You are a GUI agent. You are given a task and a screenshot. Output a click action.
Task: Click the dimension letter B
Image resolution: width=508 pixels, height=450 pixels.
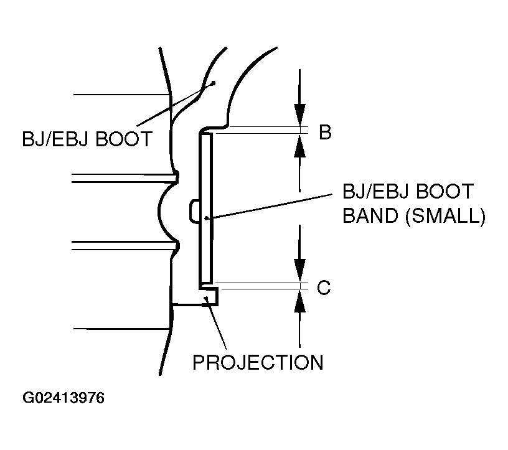(x=324, y=133)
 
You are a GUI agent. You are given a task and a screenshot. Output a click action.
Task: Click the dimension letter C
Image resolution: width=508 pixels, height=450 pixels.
(x=323, y=288)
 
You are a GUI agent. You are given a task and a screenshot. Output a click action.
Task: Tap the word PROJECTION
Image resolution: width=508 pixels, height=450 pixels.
(x=258, y=362)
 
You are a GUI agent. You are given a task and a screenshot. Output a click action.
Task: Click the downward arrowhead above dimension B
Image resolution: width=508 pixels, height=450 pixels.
(x=300, y=115)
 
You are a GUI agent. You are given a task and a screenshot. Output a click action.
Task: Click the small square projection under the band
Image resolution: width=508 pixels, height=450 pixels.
(x=212, y=297)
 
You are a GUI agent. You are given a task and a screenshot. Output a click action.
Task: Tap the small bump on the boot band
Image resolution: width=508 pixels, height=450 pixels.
(x=194, y=211)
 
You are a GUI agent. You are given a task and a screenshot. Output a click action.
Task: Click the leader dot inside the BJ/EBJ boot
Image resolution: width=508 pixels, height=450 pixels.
(x=212, y=83)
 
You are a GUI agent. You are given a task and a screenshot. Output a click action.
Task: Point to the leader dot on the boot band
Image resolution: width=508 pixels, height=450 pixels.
(x=207, y=218)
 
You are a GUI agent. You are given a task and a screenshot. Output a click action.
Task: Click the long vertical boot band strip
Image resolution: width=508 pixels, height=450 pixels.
(x=206, y=187)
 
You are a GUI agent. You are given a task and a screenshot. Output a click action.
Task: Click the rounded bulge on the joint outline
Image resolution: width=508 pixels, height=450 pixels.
(x=163, y=212)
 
